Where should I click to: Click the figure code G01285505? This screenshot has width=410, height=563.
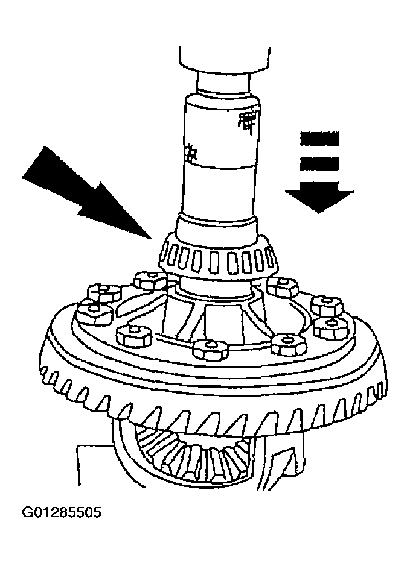[x=62, y=514]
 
